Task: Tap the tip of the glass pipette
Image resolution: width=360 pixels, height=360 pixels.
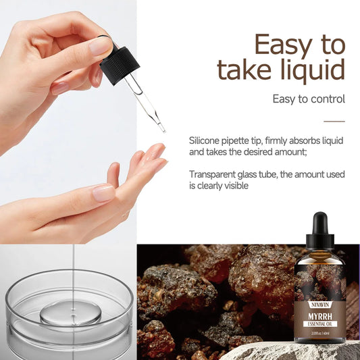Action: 163,129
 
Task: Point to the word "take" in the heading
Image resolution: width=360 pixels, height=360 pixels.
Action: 240,70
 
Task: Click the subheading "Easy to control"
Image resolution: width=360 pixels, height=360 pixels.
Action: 309,99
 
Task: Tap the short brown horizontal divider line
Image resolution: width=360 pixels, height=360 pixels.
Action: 334,122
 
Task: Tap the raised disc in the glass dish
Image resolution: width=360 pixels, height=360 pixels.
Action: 70,313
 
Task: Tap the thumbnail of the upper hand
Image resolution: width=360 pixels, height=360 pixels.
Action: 102,46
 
